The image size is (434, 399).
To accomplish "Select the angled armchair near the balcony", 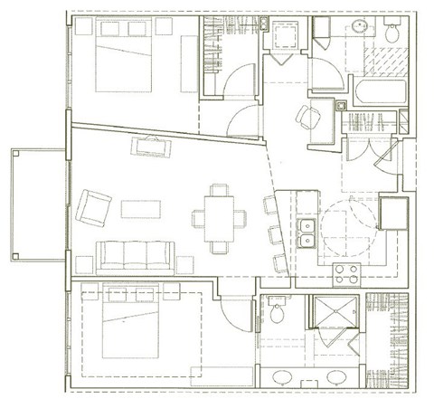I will [x=92, y=205].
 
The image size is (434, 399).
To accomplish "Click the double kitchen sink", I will [x=305, y=233].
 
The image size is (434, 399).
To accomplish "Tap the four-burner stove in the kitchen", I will [x=345, y=273].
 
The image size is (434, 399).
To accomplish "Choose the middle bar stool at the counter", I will [x=274, y=234].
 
